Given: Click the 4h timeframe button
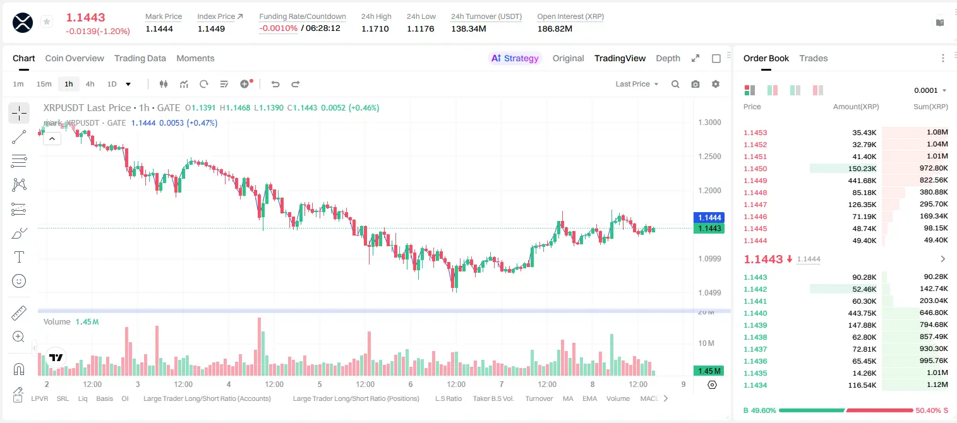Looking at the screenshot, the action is pyautogui.click(x=90, y=84).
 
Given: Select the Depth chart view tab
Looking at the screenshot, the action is pyautogui.click(x=668, y=58).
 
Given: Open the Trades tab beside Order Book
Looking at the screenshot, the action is pyautogui.click(x=814, y=58).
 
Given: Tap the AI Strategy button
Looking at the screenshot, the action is pyautogui.click(x=515, y=58).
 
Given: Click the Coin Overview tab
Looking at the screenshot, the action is pyautogui.click(x=75, y=58).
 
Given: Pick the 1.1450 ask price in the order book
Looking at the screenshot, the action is pyautogui.click(x=755, y=169).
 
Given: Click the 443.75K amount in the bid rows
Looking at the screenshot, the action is pyautogui.click(x=862, y=313).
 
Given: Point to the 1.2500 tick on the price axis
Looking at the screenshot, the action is pyautogui.click(x=709, y=156).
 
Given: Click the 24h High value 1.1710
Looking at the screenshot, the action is pyautogui.click(x=375, y=28).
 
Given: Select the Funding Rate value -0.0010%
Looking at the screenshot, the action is pyautogui.click(x=278, y=28).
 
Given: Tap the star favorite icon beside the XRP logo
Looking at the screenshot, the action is pyautogui.click(x=47, y=21).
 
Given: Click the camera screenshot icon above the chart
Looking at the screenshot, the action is pyautogui.click(x=695, y=84).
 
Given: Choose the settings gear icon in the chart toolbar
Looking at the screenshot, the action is pyautogui.click(x=716, y=84).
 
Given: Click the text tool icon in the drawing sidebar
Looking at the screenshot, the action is pyautogui.click(x=19, y=257).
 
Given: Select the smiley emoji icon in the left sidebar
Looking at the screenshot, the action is pyautogui.click(x=19, y=281).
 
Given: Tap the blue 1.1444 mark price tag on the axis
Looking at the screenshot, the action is pyautogui.click(x=709, y=218).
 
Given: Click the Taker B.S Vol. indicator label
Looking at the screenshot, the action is pyautogui.click(x=493, y=398).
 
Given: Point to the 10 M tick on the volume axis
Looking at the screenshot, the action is pyautogui.click(x=706, y=343).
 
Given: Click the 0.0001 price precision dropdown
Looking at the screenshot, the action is pyautogui.click(x=930, y=90).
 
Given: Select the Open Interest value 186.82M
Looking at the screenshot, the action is pyautogui.click(x=555, y=28).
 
